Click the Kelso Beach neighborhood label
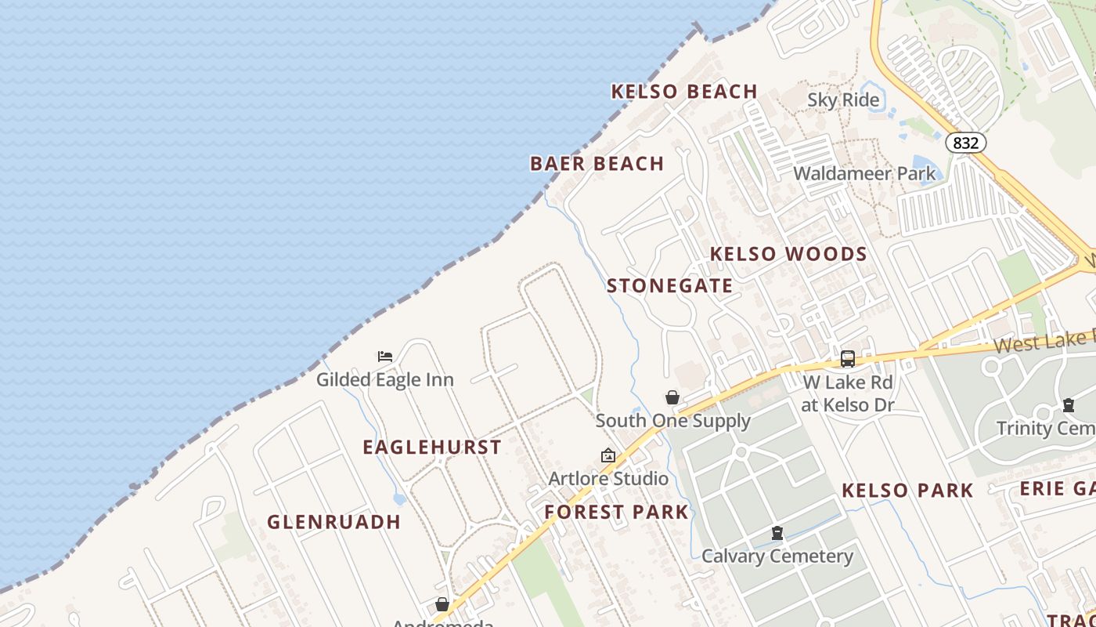[683, 92]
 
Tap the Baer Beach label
[597, 164]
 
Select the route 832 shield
[965, 143]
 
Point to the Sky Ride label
[843, 100]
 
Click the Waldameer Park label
[864, 173]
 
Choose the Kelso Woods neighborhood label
[788, 254]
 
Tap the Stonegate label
[669, 286]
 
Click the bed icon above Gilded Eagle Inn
[385, 357]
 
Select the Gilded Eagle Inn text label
[384, 379]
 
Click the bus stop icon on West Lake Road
[847, 359]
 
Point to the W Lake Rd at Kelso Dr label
[848, 393]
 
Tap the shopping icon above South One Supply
[672, 397]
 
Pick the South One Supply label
[672, 421]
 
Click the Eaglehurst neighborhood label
[431, 448]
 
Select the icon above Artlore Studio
[607, 455]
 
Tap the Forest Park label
[616, 513]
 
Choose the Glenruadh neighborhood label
[333, 522]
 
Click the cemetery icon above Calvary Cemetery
[777, 534]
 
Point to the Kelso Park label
[907, 491]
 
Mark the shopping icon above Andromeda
[442, 604]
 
